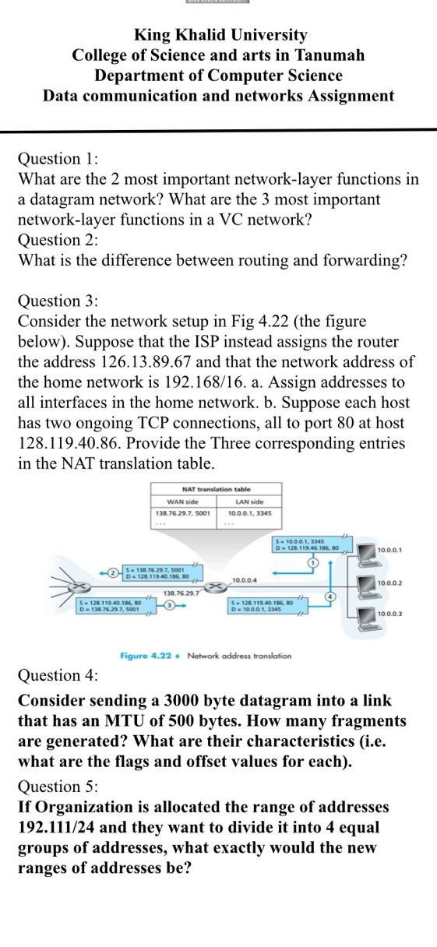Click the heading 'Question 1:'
pyautogui.click(x=58, y=159)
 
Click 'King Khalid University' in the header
pyautogui.click(x=220, y=35)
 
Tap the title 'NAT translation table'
pyautogui.click(x=217, y=488)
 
